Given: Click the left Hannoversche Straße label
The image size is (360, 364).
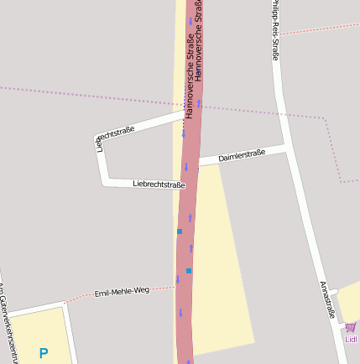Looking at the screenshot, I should click(x=190, y=75).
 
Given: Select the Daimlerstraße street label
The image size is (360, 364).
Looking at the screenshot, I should click(x=242, y=155).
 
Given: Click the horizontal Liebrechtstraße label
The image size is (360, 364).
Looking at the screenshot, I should click(x=159, y=184).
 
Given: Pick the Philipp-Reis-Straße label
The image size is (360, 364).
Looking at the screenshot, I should click(x=274, y=29).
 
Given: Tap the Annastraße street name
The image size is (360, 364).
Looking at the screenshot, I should click(x=327, y=299).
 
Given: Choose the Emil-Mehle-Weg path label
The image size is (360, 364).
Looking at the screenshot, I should click(x=122, y=291).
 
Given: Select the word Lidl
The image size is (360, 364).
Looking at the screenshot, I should click(x=352, y=340).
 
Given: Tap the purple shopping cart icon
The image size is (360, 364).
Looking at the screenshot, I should click(x=350, y=327).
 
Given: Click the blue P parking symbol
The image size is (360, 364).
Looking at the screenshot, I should click(x=44, y=353).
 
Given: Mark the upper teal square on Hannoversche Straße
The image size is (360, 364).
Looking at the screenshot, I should click(x=179, y=231).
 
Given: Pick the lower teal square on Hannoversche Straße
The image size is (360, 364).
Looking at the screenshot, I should click(x=189, y=270).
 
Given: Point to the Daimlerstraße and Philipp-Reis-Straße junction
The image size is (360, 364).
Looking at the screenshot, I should click(x=286, y=148).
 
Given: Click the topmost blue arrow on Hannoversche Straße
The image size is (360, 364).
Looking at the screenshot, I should click(x=190, y=19).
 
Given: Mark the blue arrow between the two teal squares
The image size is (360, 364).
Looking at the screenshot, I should click(x=191, y=248).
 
